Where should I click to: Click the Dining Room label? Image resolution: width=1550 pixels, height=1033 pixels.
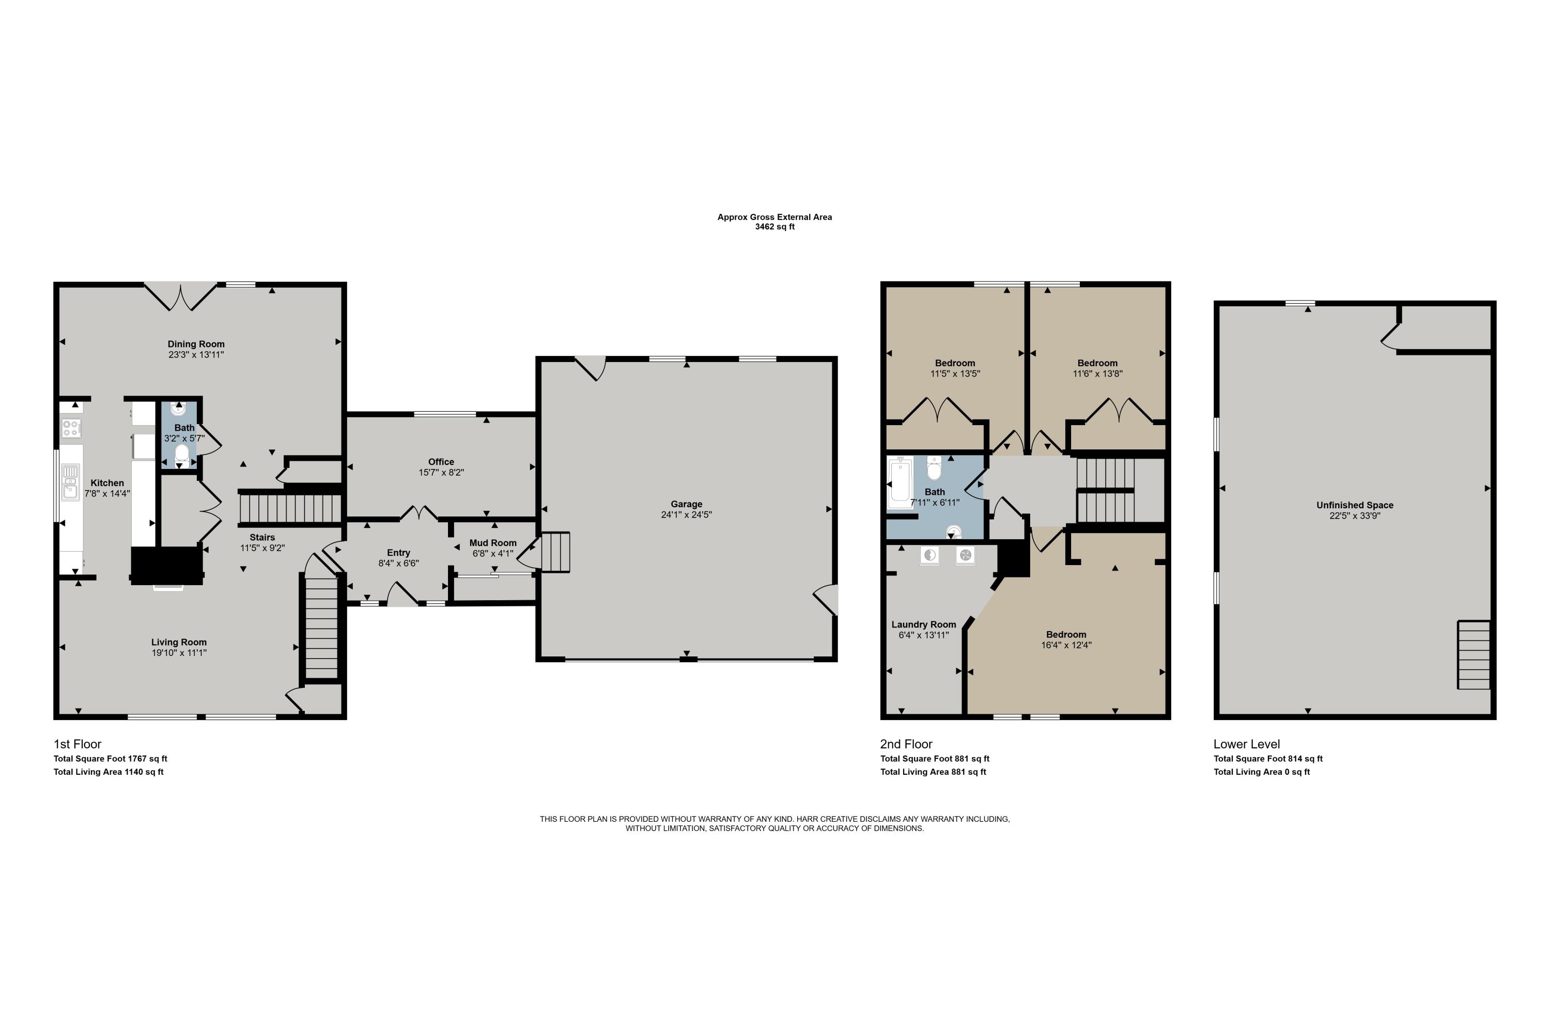point(196,344)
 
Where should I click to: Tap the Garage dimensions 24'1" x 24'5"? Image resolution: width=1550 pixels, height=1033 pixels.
point(686,514)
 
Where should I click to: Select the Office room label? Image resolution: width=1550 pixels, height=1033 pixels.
point(441,462)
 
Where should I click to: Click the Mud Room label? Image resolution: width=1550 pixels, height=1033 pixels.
point(493,543)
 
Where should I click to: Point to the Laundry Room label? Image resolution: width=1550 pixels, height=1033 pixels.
point(923,624)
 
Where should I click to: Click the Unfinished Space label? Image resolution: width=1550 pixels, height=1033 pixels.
point(1355,505)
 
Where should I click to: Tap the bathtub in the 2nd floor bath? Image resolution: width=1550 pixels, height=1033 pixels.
point(900,483)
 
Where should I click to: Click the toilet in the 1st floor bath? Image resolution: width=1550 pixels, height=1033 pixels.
point(181,453)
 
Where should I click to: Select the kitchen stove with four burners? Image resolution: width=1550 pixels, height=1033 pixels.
point(71,428)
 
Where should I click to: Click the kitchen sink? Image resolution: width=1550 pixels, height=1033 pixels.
point(70,481)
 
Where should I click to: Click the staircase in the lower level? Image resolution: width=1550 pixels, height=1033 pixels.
point(1474,655)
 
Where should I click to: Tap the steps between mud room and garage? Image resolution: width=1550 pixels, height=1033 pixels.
point(555,552)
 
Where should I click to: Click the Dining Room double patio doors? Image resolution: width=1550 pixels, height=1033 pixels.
point(180,296)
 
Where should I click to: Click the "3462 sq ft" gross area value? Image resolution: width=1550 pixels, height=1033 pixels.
point(774,227)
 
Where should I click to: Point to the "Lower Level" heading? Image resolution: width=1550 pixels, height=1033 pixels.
point(1246,744)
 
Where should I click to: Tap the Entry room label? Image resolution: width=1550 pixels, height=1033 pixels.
point(398,553)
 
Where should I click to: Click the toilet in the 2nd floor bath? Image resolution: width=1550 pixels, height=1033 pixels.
point(934,468)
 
